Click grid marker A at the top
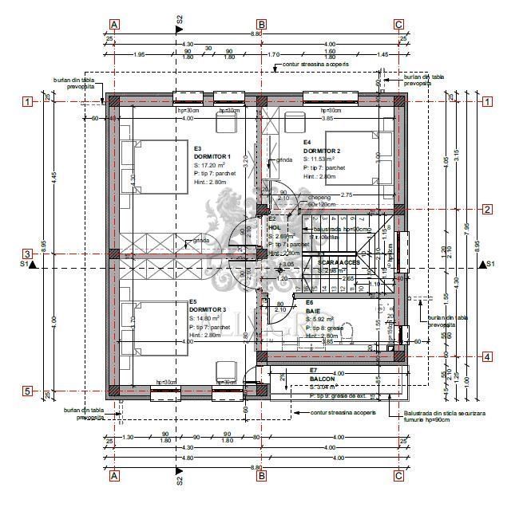pos(115,24)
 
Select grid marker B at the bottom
pos(261,476)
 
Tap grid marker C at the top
pos(398,24)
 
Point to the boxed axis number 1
pos(27,101)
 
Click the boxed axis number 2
pos(486,210)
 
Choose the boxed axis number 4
pos(486,356)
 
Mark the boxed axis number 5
pos(27,391)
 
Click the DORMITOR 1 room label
pos(212,156)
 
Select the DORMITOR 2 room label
pos(322,151)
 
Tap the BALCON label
pos(322,379)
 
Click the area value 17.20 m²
pos(215,165)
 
